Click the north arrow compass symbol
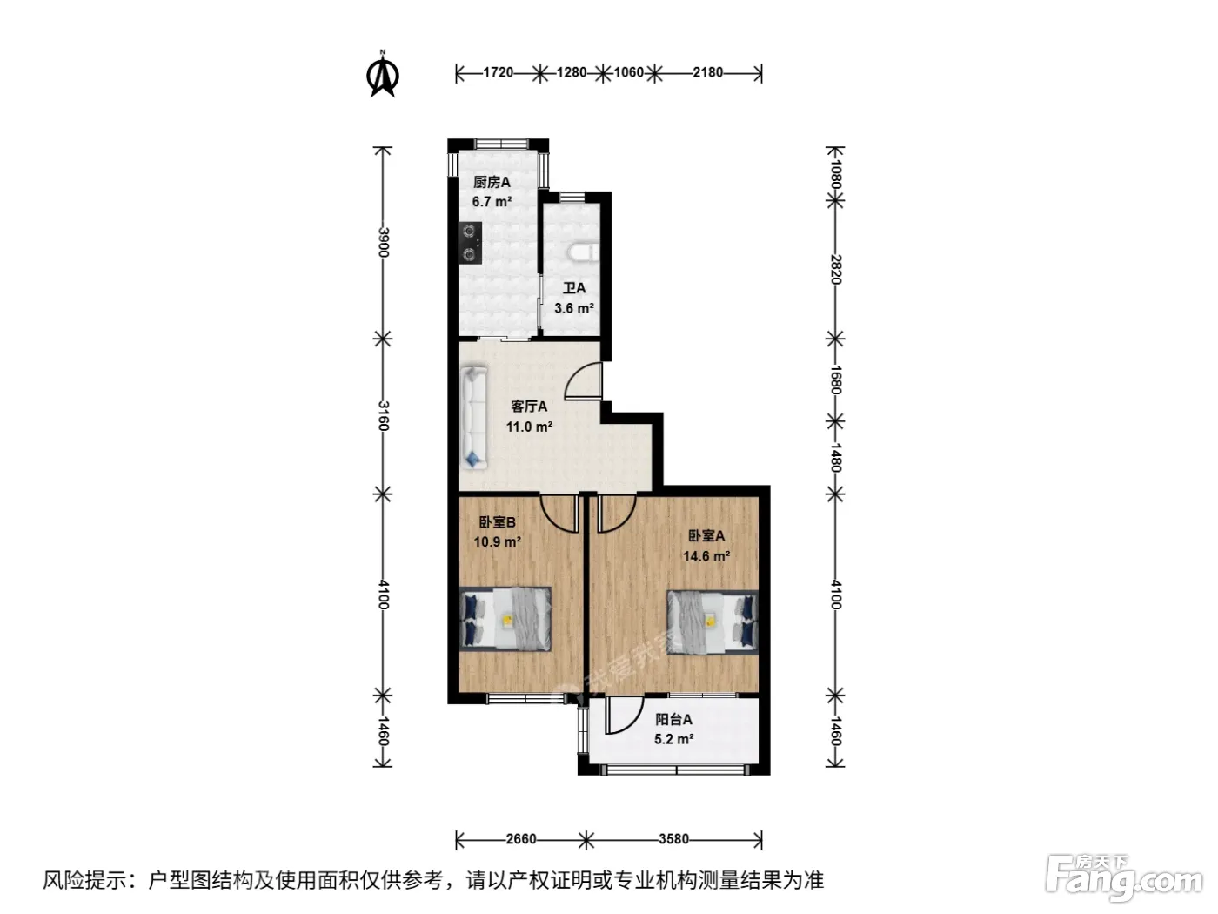[382, 74]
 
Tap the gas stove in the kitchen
[471, 243]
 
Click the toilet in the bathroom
[584, 252]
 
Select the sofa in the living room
[474, 417]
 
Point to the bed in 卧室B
[505, 619]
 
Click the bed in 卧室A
[713, 622]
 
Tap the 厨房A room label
[492, 182]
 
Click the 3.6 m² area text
[573, 308]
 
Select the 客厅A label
[529, 407]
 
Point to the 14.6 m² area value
[706, 555]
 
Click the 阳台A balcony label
[673, 719]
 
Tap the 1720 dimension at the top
[498, 73]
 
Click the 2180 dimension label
[707, 73]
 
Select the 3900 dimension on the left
[383, 242]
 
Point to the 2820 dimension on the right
[836, 269]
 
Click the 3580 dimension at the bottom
[673, 838]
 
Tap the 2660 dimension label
[521, 838]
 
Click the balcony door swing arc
[633, 722]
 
